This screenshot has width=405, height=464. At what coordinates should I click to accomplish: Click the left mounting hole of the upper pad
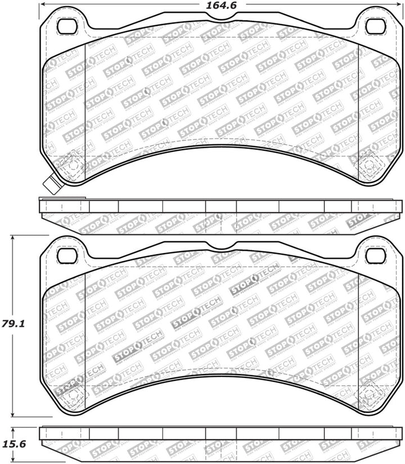(67, 25)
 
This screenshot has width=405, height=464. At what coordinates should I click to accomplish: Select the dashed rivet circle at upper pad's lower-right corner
(369, 168)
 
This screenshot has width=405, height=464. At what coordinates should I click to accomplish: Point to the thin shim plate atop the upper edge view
(62, 199)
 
